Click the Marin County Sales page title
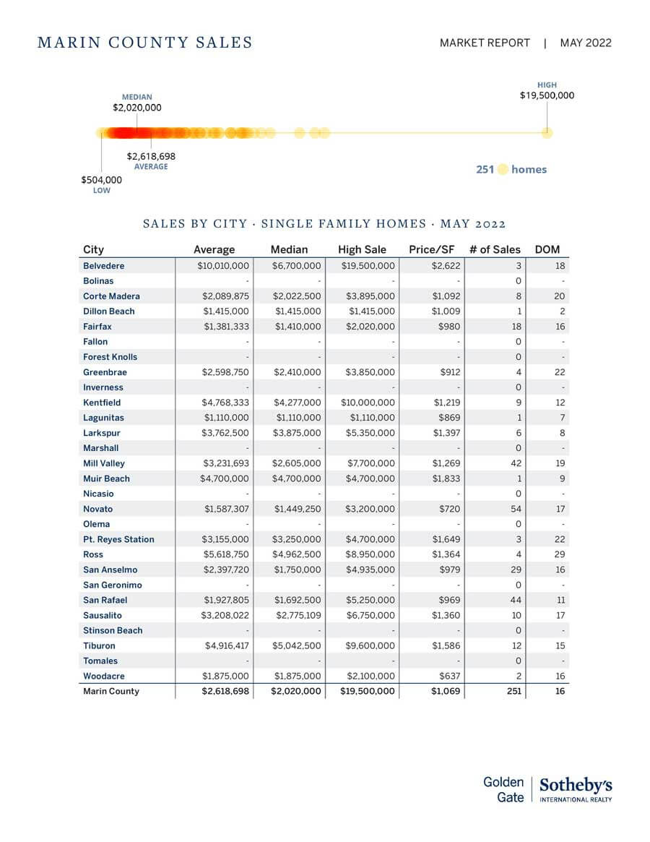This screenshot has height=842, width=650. tap(144, 43)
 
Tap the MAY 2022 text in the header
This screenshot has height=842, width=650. tap(585, 43)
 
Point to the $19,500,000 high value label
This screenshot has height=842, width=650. tap(547, 95)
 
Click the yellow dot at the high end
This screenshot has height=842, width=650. tap(547, 132)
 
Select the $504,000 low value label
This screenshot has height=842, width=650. tap(101, 180)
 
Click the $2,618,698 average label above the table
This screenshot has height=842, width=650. tap(151, 156)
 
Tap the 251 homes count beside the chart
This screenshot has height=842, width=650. tap(511, 169)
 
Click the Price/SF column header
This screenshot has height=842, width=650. tap(431, 249)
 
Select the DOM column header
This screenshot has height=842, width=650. tap(547, 249)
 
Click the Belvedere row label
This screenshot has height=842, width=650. tap(103, 266)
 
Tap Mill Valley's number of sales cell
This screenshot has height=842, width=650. tap(516, 463)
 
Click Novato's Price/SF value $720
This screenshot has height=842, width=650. tap(448, 509)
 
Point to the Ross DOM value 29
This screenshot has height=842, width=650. tap(561, 554)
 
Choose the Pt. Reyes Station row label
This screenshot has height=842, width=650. tap(118, 539)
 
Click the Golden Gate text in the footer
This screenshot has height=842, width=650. tap(503, 789)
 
